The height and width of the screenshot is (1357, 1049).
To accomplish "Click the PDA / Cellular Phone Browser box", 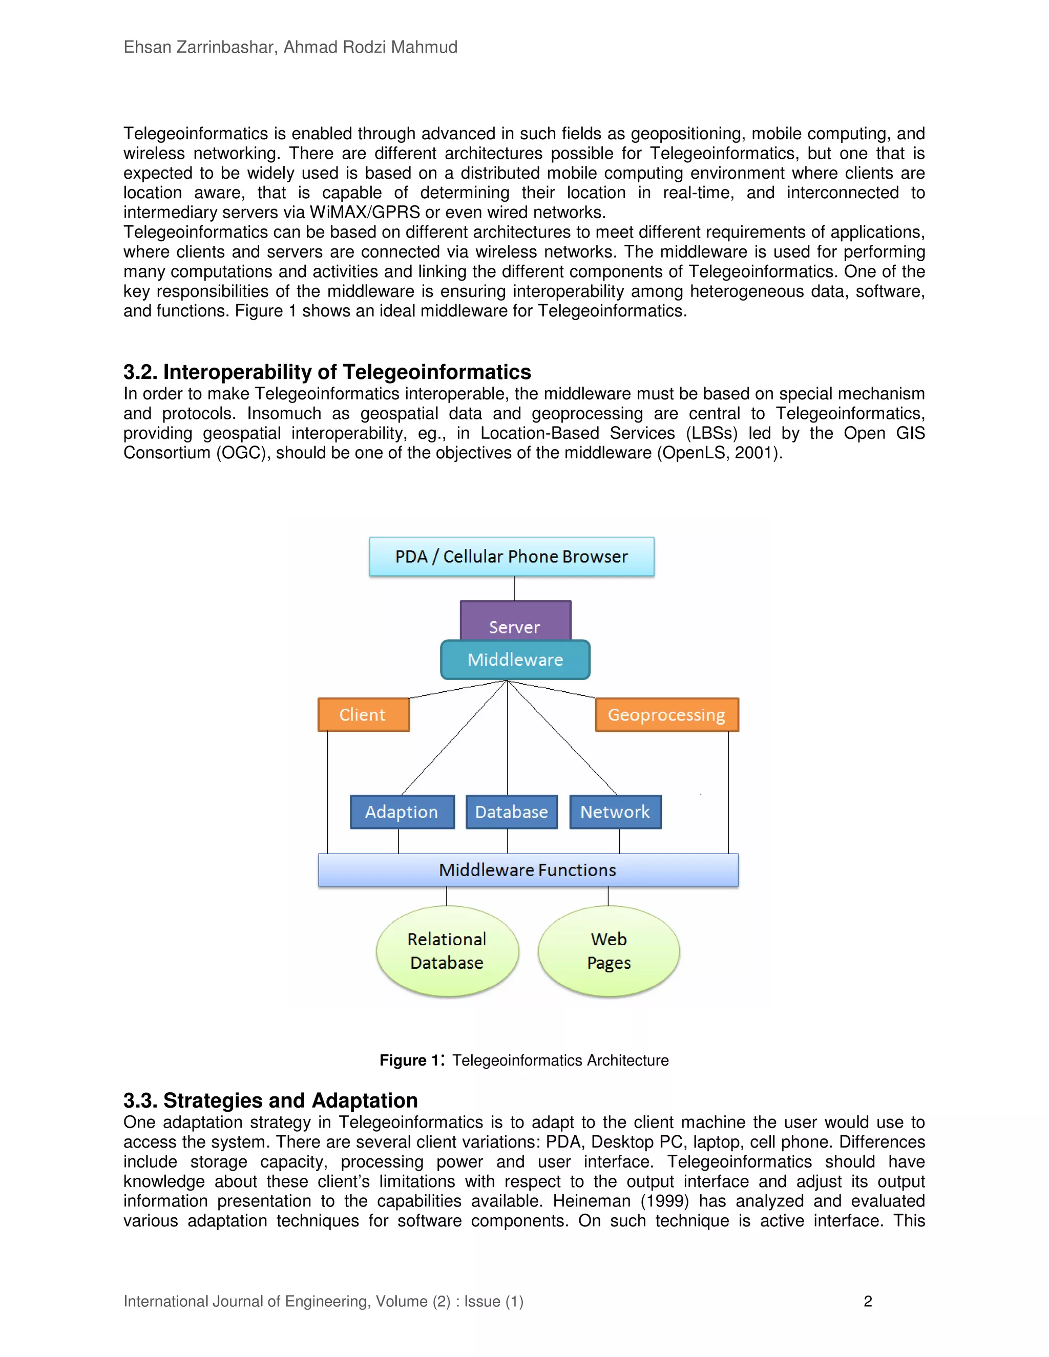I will click(x=512, y=557).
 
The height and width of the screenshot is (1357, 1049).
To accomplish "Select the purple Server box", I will click(x=515, y=621).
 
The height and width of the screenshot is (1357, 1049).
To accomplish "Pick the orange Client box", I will click(x=364, y=714).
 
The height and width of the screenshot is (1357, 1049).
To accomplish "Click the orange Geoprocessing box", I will click(x=667, y=714).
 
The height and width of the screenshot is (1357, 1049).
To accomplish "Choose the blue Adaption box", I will click(x=402, y=812).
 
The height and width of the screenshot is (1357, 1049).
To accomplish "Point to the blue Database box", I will click(x=512, y=812).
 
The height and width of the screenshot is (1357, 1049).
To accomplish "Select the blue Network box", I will click(x=615, y=812).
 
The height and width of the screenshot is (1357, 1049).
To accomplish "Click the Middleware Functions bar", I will click(x=528, y=870).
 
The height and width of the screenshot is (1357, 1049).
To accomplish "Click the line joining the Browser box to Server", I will click(x=514, y=588).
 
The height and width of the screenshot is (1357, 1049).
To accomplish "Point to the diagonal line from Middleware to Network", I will click(x=562, y=737).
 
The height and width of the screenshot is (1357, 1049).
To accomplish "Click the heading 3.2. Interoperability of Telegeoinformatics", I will click(x=327, y=372).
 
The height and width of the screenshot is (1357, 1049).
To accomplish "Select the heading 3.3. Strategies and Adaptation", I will click(x=270, y=1100).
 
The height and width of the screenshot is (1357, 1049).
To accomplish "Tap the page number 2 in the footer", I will click(x=868, y=1301).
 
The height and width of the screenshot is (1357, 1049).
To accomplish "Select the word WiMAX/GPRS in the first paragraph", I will click(x=365, y=213).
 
